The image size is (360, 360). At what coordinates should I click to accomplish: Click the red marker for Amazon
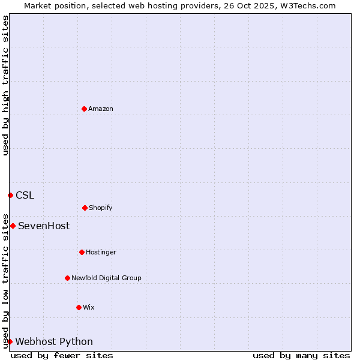(84, 109)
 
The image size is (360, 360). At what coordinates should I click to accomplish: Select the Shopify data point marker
(85, 208)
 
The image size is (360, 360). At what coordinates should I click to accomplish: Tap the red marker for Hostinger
(82, 252)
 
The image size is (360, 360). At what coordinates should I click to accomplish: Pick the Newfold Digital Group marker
(67, 278)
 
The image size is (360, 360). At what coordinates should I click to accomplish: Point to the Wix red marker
(79, 307)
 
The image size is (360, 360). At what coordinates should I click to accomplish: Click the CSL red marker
(10, 195)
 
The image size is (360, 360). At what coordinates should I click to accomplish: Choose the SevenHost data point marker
(13, 226)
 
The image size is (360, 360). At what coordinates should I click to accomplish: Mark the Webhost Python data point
(10, 341)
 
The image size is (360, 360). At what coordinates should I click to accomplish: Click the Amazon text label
(101, 109)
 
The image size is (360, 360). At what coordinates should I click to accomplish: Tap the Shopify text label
(101, 208)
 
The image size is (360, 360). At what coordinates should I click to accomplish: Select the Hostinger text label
(101, 252)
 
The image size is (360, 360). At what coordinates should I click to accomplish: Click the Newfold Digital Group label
(106, 278)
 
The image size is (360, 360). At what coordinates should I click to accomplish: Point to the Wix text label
(89, 307)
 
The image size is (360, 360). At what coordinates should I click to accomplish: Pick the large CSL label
(25, 195)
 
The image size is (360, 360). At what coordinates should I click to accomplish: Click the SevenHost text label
(44, 226)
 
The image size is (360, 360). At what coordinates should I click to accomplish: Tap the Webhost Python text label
(54, 341)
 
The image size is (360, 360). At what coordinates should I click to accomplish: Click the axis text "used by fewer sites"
(62, 355)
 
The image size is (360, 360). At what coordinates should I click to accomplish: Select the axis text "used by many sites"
(301, 355)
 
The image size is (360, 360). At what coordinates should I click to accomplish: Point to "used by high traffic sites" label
(5, 85)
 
